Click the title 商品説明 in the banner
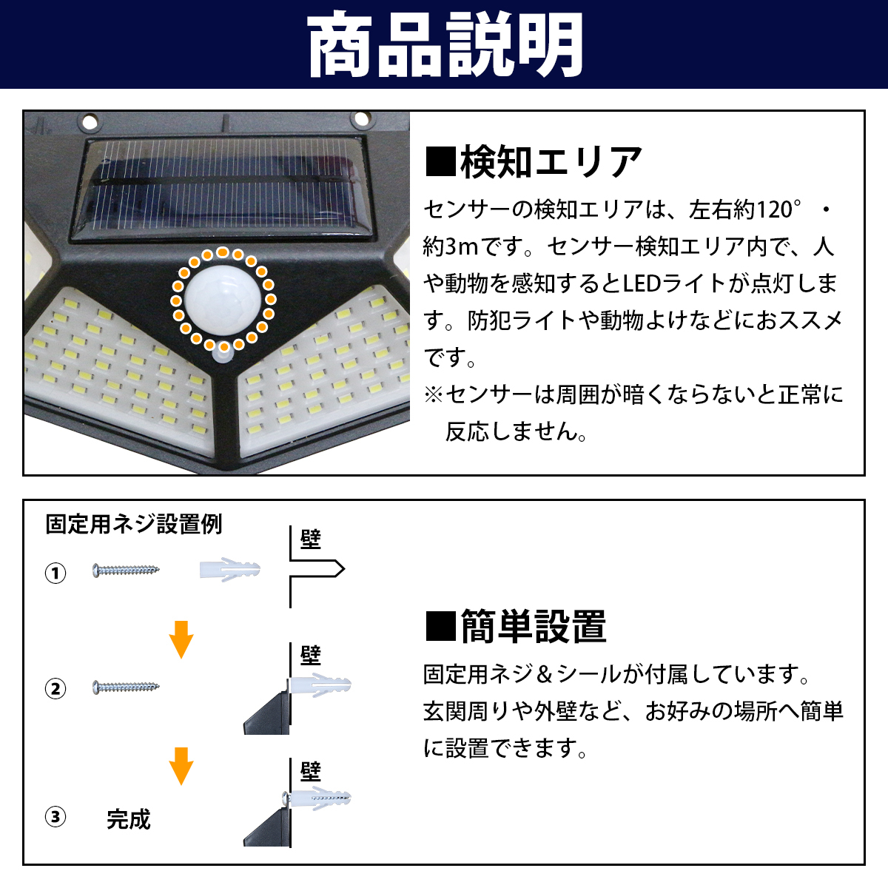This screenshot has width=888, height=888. pyautogui.click(x=445, y=46)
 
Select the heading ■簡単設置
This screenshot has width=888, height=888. pyautogui.click(x=517, y=626)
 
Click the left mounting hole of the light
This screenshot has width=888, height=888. pyautogui.click(x=90, y=120)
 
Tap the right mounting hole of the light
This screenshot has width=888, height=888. pyautogui.click(x=361, y=119)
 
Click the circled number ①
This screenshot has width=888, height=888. pyautogui.click(x=55, y=573)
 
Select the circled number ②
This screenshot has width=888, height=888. pyautogui.click(x=55, y=689)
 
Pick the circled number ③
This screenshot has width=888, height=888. pyautogui.click(x=55, y=817)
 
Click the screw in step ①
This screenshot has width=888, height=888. pyautogui.click(x=126, y=571)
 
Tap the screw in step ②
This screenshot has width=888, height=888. pyautogui.click(x=126, y=687)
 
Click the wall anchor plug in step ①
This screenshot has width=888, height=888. pyautogui.click(x=229, y=571)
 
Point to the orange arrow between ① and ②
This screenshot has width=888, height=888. pyautogui.click(x=181, y=639)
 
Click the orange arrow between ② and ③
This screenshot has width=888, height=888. pyautogui.click(x=181, y=765)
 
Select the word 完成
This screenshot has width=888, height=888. pyautogui.click(x=128, y=819)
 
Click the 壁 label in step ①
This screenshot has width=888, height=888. pyautogui.click(x=310, y=539)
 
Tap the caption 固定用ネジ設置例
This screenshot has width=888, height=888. pyautogui.click(x=134, y=524)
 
